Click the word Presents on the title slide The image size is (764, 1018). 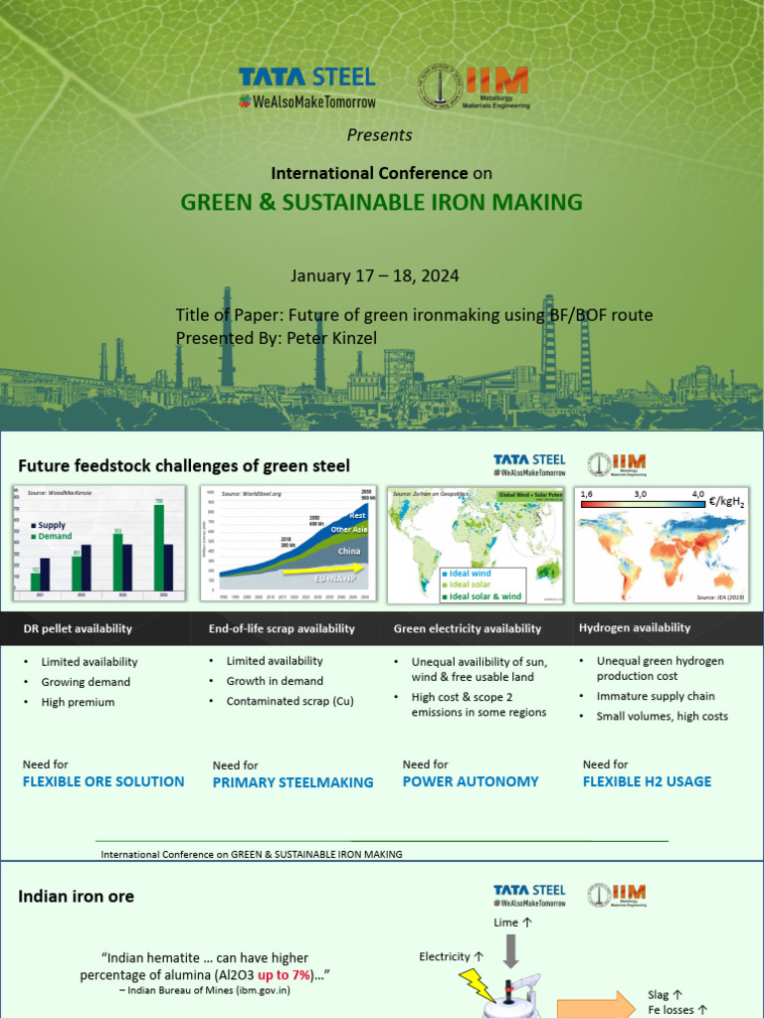pyautogui.click(x=379, y=135)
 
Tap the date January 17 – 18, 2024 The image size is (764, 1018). pyautogui.click(x=375, y=275)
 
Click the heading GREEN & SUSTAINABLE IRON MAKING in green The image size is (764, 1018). pyautogui.click(x=381, y=203)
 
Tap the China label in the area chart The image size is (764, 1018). pyautogui.click(x=349, y=550)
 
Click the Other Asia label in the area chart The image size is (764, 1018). pyautogui.click(x=348, y=530)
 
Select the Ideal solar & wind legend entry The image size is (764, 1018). pyautogui.click(x=482, y=596)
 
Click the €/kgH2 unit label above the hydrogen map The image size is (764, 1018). pyautogui.click(x=728, y=502)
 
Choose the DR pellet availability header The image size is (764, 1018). pyautogui.click(x=78, y=628)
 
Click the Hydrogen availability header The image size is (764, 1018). pyautogui.click(x=635, y=627)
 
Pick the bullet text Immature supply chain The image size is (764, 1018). pyautogui.click(x=656, y=696)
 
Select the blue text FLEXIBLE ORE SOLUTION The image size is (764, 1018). pyautogui.click(x=103, y=781)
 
